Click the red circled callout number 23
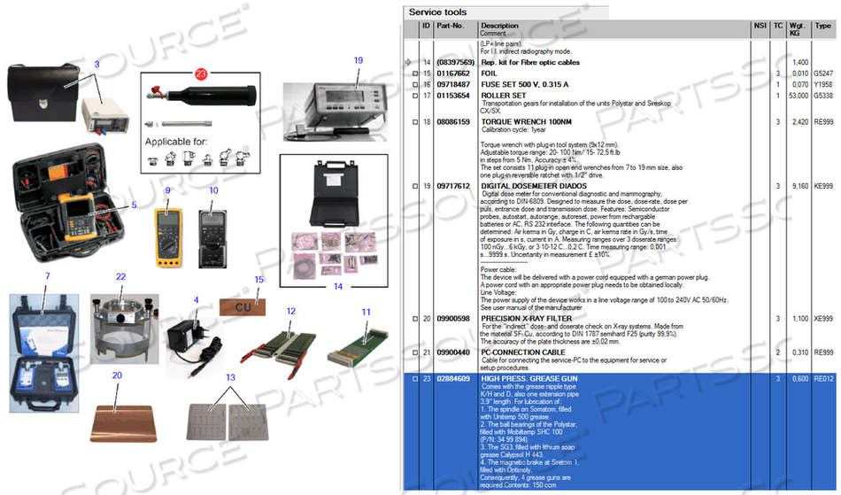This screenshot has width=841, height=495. [201, 73]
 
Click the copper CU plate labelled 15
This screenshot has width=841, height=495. [242, 306]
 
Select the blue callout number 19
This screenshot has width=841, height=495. [359, 60]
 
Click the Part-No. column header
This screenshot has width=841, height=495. [451, 26]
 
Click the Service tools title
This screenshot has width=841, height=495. [436, 12]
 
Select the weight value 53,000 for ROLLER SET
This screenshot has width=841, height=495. [799, 95]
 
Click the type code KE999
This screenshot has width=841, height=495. [823, 187]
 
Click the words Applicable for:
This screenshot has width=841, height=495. [179, 142]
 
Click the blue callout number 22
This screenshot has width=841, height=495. [121, 276]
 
